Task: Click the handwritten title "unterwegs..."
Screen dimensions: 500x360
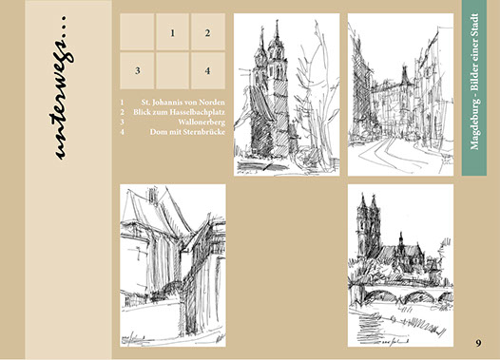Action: point(61,87)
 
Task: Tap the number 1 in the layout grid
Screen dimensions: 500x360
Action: point(172,33)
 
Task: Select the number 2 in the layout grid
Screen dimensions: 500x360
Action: point(207,33)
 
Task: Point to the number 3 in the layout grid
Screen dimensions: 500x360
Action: point(138,70)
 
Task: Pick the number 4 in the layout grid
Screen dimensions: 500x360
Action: point(207,70)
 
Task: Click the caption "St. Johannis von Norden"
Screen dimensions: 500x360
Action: point(183,103)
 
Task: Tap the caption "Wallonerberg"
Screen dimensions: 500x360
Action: point(202,122)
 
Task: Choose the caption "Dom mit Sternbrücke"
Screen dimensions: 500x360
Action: point(187,132)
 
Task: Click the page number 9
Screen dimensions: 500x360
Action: point(478,343)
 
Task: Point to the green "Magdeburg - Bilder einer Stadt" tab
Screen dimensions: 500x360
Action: point(474,88)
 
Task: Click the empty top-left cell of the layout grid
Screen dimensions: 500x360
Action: point(137,31)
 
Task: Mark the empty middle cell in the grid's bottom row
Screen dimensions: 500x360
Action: point(172,70)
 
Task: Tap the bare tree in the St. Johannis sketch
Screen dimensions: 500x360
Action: point(316,96)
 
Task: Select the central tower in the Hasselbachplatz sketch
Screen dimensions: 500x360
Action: point(405,78)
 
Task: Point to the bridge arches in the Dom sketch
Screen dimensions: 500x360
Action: point(403,294)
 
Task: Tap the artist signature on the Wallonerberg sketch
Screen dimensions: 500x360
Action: point(133,338)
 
